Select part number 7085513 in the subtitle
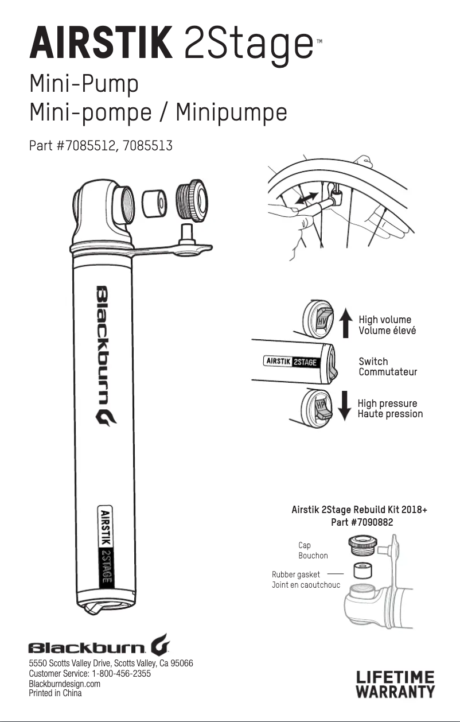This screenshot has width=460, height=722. [146, 146]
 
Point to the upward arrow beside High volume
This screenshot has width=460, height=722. [345, 323]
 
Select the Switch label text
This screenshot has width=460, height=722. [373, 362]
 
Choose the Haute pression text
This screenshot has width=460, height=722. [390, 414]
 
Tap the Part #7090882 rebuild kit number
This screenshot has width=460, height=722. [362, 522]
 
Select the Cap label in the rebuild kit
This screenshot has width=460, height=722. [305, 545]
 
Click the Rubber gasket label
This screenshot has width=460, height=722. [296, 574]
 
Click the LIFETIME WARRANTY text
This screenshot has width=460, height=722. [396, 684]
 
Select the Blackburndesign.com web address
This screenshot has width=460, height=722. [64, 684]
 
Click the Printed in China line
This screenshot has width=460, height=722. [55, 693]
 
